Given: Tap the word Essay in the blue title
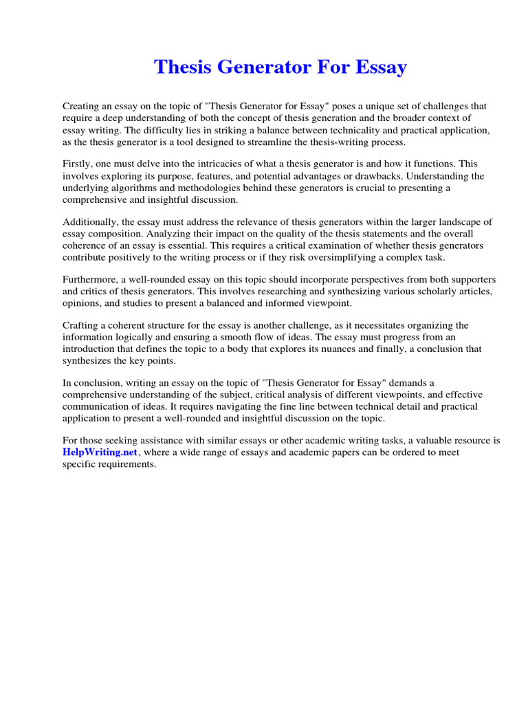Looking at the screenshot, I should [380, 67].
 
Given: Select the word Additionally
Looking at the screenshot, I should [89, 222].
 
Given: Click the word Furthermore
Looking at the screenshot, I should [90, 280].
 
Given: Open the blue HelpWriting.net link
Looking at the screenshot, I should [91, 452].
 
